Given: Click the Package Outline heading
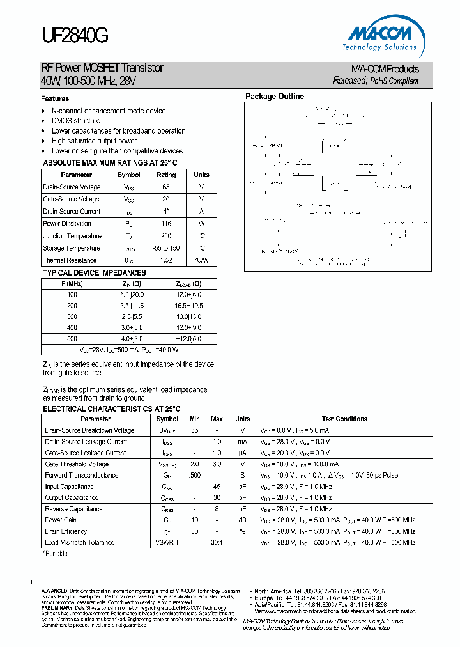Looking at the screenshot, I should tap(275, 97).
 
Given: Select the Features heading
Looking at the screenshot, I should tap(55, 99).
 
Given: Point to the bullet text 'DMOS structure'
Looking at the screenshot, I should tap(76, 121).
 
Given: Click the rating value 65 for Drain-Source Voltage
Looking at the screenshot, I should tap(166, 187).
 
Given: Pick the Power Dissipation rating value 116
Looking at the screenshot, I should tap(166, 224).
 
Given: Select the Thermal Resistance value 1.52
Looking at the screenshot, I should tap(166, 260).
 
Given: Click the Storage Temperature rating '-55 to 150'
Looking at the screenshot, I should tap(166, 248).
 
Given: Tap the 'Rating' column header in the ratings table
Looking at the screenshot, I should tap(166, 175).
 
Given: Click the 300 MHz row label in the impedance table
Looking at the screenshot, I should tap(72, 316).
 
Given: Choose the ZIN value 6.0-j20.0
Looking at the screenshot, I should tap(132, 295).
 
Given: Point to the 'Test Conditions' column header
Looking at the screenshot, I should tap(344, 419).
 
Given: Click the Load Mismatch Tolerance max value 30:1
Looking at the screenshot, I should tap(217, 542).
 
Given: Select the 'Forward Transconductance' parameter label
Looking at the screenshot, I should tap(81, 475).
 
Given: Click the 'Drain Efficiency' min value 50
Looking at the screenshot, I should tap(194, 531).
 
